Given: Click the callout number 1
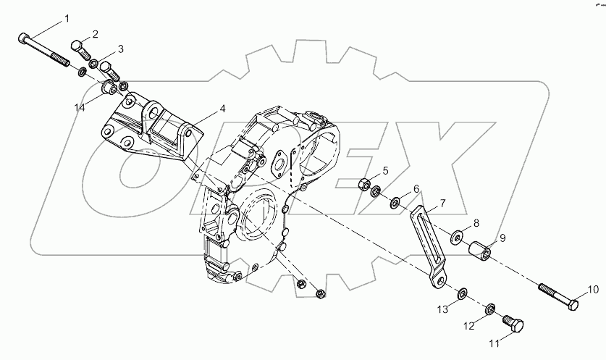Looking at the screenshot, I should pos(68,17).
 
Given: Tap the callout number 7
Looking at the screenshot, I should pos(441,205).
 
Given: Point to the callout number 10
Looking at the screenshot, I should pos(592,290).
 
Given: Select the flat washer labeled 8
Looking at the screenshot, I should pos(458,237).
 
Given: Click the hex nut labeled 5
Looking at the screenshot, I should pos(366,183).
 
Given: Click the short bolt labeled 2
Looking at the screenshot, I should pos(80,51).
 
